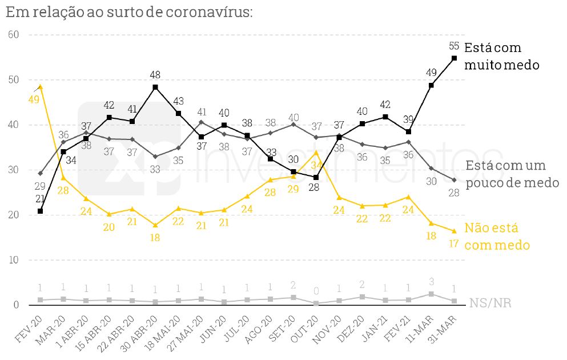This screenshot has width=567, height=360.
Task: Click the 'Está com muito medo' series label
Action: coord(501,56)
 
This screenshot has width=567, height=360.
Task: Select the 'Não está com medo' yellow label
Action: coord(496,236)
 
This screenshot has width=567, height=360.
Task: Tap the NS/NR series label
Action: coord(490,303)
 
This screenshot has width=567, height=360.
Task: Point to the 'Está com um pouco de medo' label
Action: coord(512,174)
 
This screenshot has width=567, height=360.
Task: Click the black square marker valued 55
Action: coord(454,58)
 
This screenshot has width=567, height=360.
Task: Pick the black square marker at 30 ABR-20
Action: coord(155,87)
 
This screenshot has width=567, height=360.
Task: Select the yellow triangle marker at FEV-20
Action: coord(40,87)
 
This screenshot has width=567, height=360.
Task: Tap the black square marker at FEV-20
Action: coord(40,211)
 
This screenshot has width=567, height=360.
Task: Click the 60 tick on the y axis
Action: coord(14,35)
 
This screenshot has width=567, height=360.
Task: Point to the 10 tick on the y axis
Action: coord(14,260)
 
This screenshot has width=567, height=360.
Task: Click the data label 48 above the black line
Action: coord(155,75)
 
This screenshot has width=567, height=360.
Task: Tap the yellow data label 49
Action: coord(33,99)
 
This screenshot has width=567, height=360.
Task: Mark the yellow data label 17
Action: coord(454,243)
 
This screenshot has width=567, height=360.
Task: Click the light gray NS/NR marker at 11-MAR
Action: coord(431,294)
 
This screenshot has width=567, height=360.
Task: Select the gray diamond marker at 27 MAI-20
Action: coord(201,122)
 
